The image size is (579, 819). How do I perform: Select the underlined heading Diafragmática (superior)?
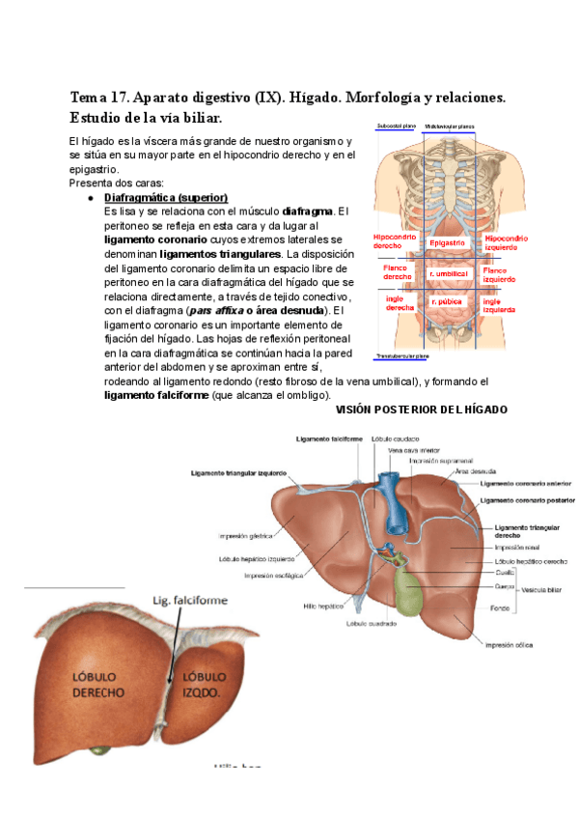[x=165, y=197]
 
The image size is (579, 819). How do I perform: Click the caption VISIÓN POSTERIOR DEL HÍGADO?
[x=420, y=410]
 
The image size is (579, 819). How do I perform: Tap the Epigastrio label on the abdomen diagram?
[x=449, y=242]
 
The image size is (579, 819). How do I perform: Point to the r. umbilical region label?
[x=449, y=273]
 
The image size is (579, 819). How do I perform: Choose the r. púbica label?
[x=448, y=302]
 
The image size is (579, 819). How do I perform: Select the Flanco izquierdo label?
[x=500, y=274]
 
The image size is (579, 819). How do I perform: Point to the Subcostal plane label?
[x=396, y=126]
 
